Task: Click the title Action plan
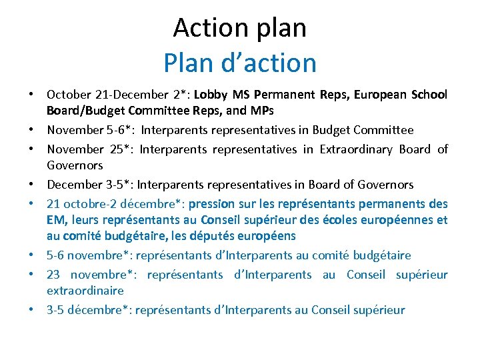[x=240, y=28]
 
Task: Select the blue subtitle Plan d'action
[x=240, y=63]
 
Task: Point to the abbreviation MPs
[x=262, y=110]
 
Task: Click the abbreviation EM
[x=56, y=219]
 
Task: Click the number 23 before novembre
[x=54, y=274]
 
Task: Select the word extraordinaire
[x=85, y=290]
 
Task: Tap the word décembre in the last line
[x=97, y=309]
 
